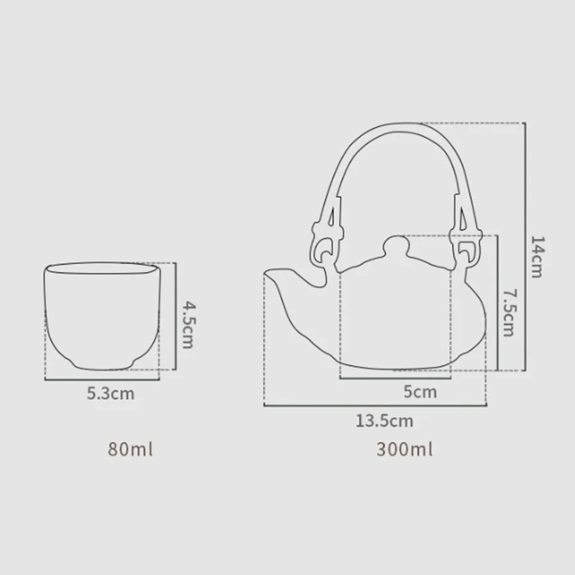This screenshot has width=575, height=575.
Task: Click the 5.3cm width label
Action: (111, 394)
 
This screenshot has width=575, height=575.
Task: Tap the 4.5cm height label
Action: (188, 325)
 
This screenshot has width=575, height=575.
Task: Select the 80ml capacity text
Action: (130, 449)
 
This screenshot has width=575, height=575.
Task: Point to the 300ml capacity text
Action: (404, 449)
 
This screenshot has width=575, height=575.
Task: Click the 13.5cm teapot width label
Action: (385, 420)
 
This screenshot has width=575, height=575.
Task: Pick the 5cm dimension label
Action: (420, 392)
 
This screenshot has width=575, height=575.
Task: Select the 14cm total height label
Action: (537, 257)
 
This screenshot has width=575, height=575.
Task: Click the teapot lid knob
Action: (395, 245)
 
